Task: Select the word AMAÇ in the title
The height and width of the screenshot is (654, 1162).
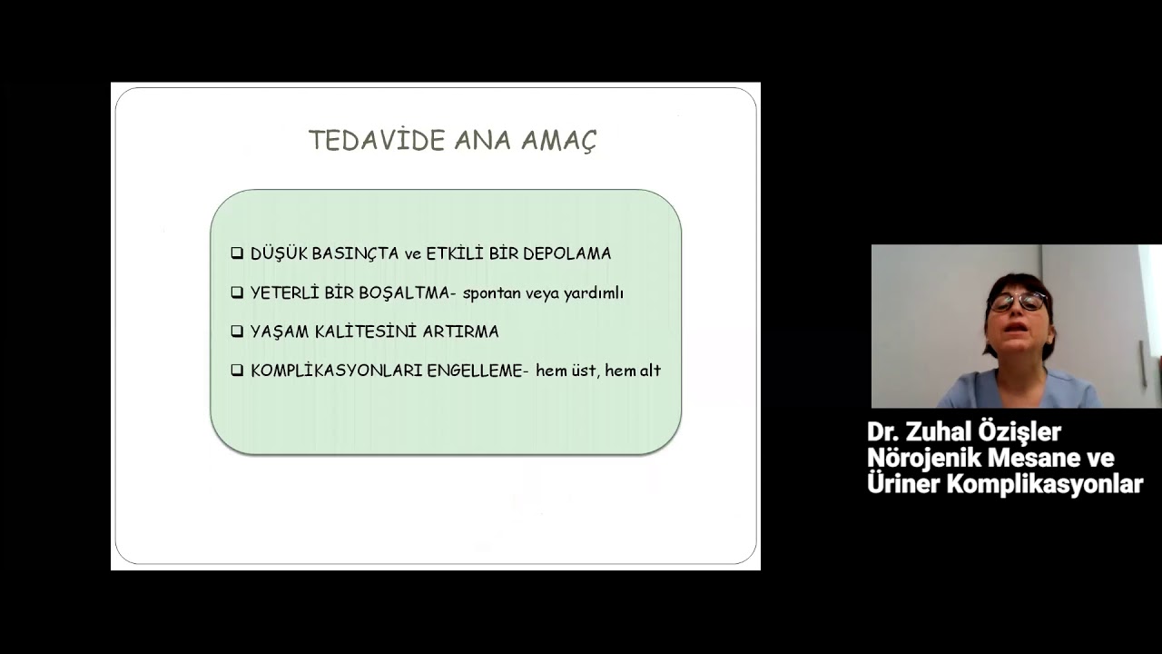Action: tap(558, 141)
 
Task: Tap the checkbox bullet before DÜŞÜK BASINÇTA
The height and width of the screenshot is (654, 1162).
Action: tap(237, 253)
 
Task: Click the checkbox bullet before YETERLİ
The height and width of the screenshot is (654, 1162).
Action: tap(237, 292)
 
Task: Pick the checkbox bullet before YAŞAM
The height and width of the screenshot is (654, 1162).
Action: tap(237, 332)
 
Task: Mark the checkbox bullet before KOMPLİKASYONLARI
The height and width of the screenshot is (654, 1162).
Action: tap(237, 371)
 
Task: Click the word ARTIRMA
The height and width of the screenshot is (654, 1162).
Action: tap(461, 332)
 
